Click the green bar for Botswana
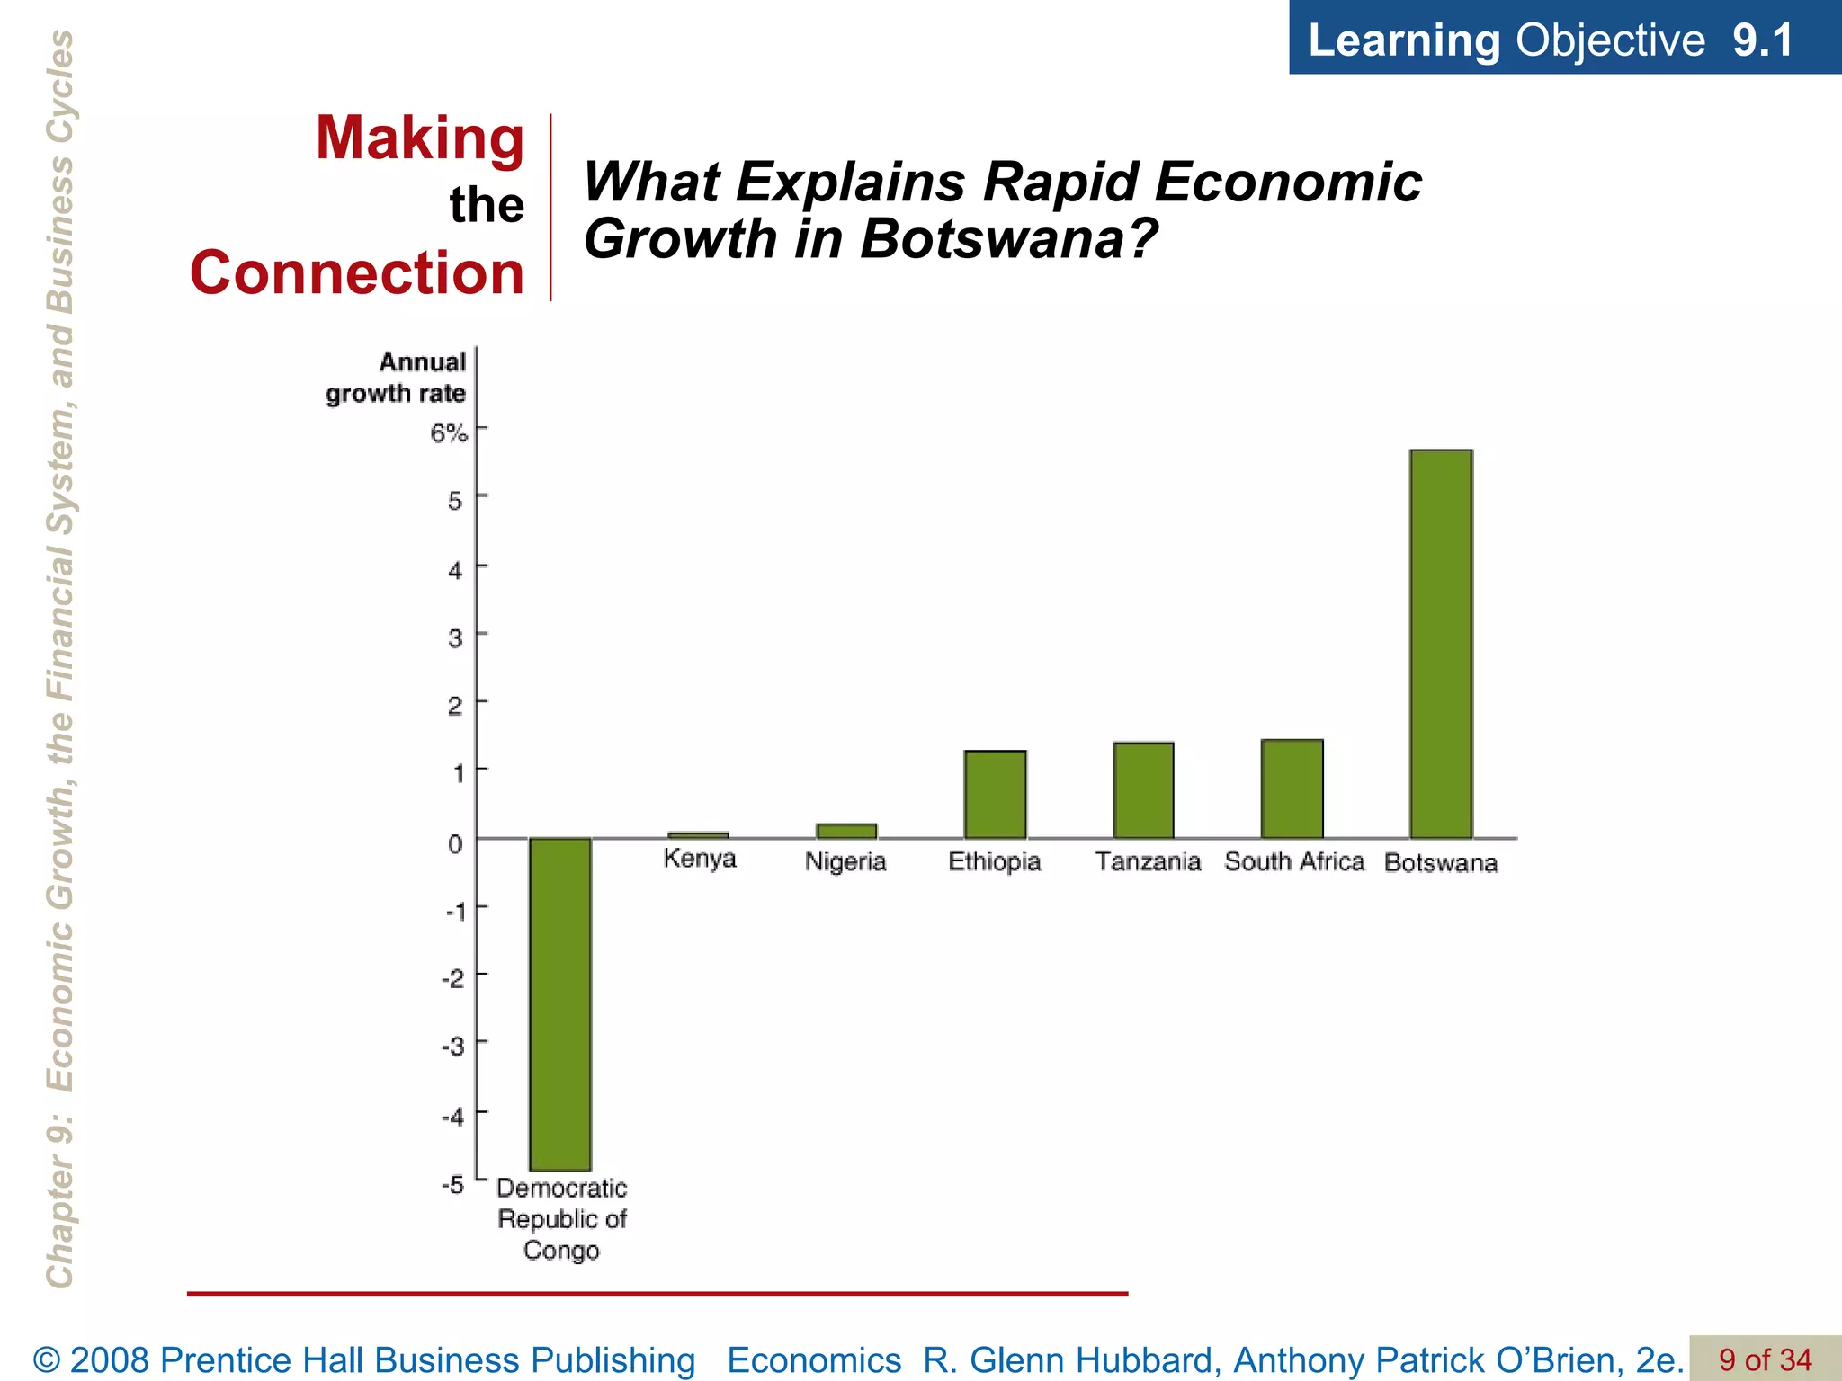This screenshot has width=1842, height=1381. (x=1441, y=644)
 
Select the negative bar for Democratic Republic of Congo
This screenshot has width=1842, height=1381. (x=559, y=1003)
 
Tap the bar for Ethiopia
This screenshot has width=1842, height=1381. (x=995, y=794)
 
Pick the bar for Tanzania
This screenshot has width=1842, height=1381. (x=1143, y=790)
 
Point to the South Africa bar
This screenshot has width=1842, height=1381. (x=1292, y=789)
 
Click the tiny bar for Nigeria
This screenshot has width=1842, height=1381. (x=846, y=831)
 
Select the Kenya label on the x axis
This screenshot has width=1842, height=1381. (x=700, y=859)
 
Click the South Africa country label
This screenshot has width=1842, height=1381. (x=1294, y=861)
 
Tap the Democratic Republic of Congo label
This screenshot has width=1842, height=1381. (x=561, y=1219)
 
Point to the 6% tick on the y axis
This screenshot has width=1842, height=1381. (x=449, y=433)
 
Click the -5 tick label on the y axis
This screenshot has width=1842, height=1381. (x=452, y=1184)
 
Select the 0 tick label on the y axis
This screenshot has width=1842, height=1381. (x=456, y=843)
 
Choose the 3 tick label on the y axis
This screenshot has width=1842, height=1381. (x=456, y=638)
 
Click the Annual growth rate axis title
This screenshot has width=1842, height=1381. (x=396, y=378)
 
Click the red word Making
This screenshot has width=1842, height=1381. (x=419, y=138)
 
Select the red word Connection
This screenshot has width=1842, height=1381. (x=357, y=272)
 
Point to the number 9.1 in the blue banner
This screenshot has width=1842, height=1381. (x=1763, y=40)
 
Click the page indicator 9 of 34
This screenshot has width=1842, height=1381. (x=1765, y=1359)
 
